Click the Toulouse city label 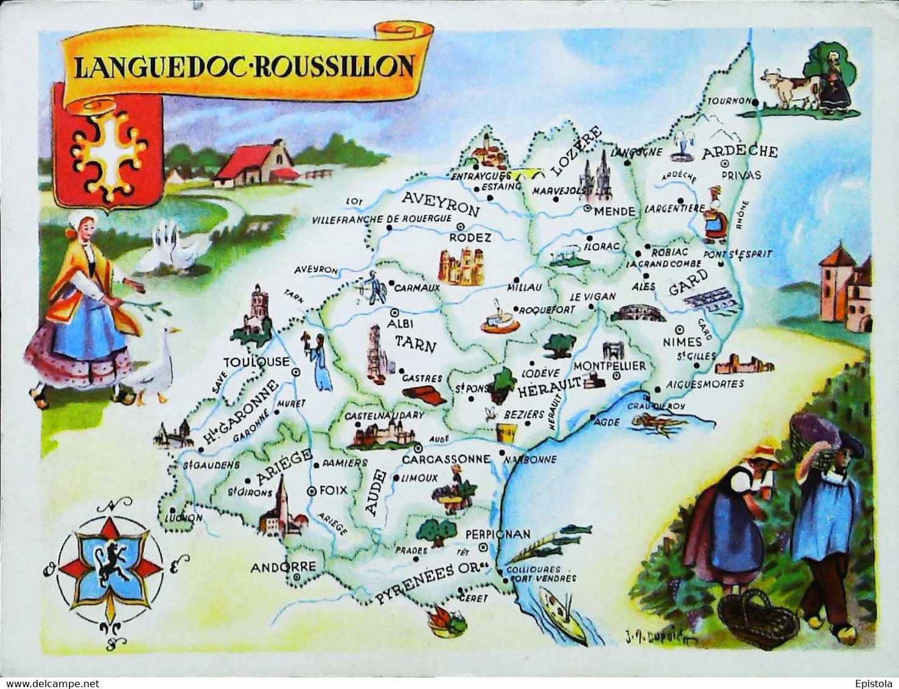256,362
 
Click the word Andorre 283,567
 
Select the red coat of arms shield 108,147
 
